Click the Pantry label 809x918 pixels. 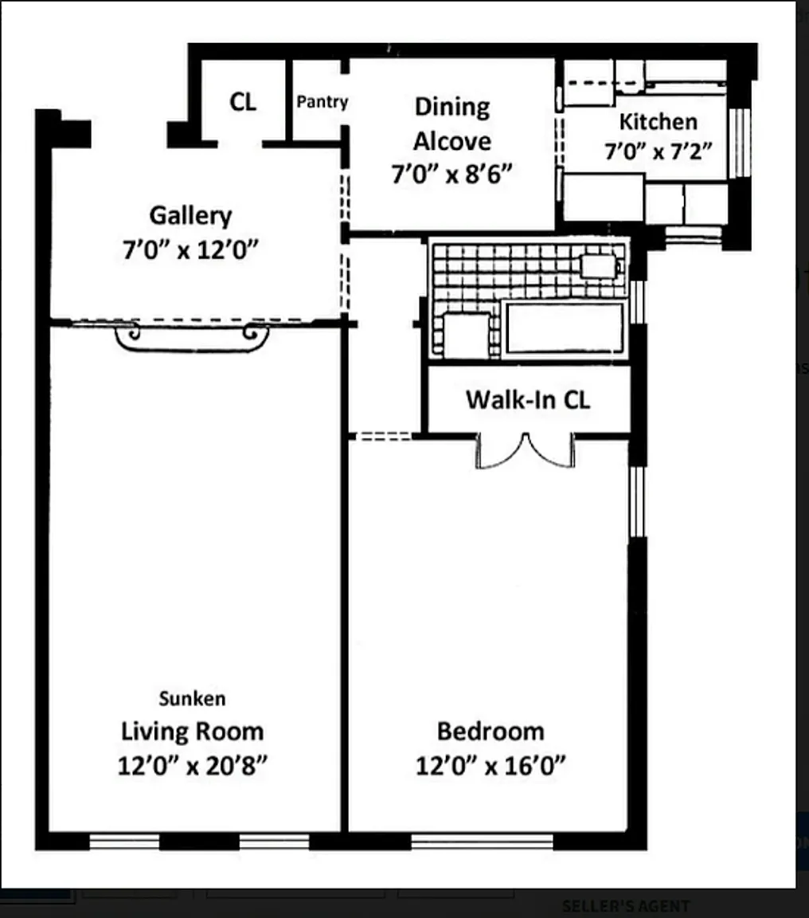pos(322,102)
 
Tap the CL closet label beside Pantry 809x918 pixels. pos(243,102)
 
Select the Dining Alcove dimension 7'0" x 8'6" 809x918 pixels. pos(451,174)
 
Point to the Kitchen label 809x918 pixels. pos(658,122)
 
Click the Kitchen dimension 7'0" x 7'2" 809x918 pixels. pos(658,151)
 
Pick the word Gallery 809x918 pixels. pos(190,216)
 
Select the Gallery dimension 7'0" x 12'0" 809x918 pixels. pos(190,250)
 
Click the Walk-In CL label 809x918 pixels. pos(528,400)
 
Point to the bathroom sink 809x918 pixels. pos(467,335)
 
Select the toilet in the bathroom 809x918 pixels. pos(599,266)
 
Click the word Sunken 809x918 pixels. pos(192,698)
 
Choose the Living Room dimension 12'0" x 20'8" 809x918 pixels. pos(193,765)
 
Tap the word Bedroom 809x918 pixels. pos(490,732)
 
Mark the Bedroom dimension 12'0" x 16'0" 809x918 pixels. pos(490,765)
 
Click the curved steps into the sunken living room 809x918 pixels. pos(192,339)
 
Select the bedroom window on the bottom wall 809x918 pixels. pos(482,841)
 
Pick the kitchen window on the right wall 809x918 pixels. pos(740,143)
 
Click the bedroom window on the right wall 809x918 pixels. pos(637,501)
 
